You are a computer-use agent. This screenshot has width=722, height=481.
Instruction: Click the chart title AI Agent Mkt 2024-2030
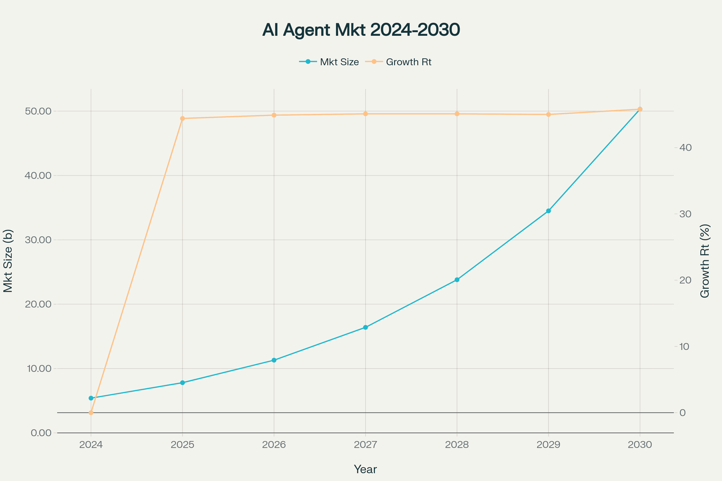(x=361, y=30)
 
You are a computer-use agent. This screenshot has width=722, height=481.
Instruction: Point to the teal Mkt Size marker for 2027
(x=365, y=327)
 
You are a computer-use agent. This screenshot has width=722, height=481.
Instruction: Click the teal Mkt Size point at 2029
(x=548, y=211)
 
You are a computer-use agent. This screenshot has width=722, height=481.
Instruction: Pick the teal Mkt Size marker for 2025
(x=182, y=382)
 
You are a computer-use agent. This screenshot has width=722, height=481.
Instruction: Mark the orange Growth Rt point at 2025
(x=182, y=118)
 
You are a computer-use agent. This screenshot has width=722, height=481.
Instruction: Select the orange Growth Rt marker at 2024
(x=91, y=412)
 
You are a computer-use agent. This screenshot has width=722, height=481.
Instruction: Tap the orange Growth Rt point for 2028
(x=457, y=114)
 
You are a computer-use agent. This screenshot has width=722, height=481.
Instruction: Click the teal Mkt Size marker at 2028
(x=457, y=280)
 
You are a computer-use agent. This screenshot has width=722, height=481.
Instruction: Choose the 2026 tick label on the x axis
(x=274, y=445)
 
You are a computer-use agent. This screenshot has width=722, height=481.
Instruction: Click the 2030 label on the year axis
(x=640, y=445)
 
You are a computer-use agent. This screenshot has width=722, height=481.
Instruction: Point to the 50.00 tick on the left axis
(x=38, y=111)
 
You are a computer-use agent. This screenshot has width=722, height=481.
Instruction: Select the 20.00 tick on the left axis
(x=38, y=304)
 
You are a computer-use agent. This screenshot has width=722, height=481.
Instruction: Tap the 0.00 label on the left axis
(x=41, y=433)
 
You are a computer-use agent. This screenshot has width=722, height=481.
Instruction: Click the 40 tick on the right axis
(x=685, y=148)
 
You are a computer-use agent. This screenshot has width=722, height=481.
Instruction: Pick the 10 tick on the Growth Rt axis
(x=684, y=347)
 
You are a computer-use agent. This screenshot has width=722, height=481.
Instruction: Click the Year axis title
(x=365, y=469)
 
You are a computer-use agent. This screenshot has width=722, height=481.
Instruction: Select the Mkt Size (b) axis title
(x=8, y=261)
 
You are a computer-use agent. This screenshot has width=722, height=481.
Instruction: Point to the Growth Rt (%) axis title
(x=705, y=261)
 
